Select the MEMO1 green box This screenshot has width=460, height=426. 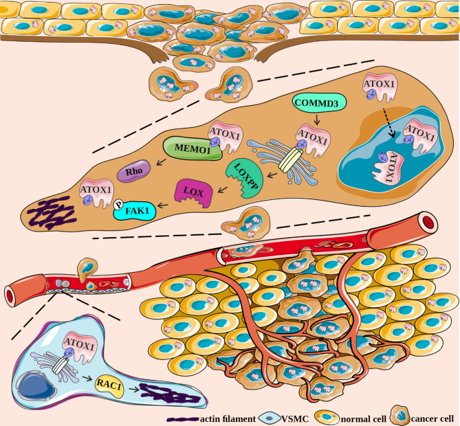pos(185,148)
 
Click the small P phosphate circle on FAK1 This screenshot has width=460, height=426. pos(118,204)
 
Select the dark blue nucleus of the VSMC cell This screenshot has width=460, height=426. pos(38,384)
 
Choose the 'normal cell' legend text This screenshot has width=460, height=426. pos(344,416)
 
